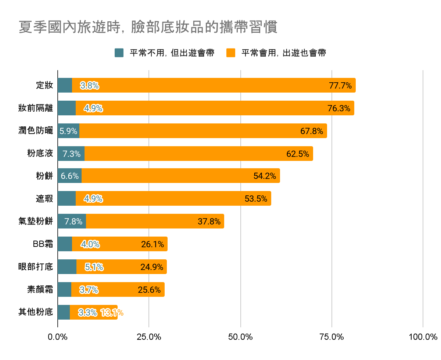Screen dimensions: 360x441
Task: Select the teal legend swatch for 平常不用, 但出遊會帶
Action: pyautogui.click(x=119, y=53)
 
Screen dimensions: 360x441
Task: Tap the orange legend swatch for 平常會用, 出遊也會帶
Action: pyautogui.click(x=231, y=53)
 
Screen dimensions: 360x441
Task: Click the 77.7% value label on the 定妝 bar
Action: pyautogui.click(x=340, y=86)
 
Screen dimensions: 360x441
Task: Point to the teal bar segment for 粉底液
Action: pyautogui.click(x=71, y=154)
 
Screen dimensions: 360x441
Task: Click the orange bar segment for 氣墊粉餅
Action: pyautogui.click(x=154, y=222)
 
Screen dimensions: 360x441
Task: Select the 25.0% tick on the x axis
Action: pyautogui.click(x=149, y=337)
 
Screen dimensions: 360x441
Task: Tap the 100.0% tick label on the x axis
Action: pyautogui.click(x=423, y=337)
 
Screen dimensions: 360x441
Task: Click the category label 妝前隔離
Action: pyautogui.click(x=36, y=108)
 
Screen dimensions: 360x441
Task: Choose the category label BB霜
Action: pyautogui.click(x=43, y=244)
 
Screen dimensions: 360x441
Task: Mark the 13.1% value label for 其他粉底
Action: pyautogui.click(x=112, y=313)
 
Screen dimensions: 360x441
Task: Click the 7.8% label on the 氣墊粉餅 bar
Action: pyautogui.click(x=73, y=222)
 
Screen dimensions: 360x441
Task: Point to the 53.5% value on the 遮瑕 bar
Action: pyautogui.click(x=256, y=199)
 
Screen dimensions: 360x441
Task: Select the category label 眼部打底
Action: pyautogui.click(x=36, y=267)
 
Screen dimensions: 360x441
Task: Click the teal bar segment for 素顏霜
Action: pyautogui.click(x=64, y=290)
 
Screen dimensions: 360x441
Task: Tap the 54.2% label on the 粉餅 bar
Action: pyautogui.click(x=265, y=176)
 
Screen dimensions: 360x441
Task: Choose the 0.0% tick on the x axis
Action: pyautogui.click(x=58, y=337)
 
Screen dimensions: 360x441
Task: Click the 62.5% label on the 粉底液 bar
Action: pyautogui.click(x=298, y=154)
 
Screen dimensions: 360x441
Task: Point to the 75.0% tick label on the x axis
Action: pyautogui.click(x=332, y=337)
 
